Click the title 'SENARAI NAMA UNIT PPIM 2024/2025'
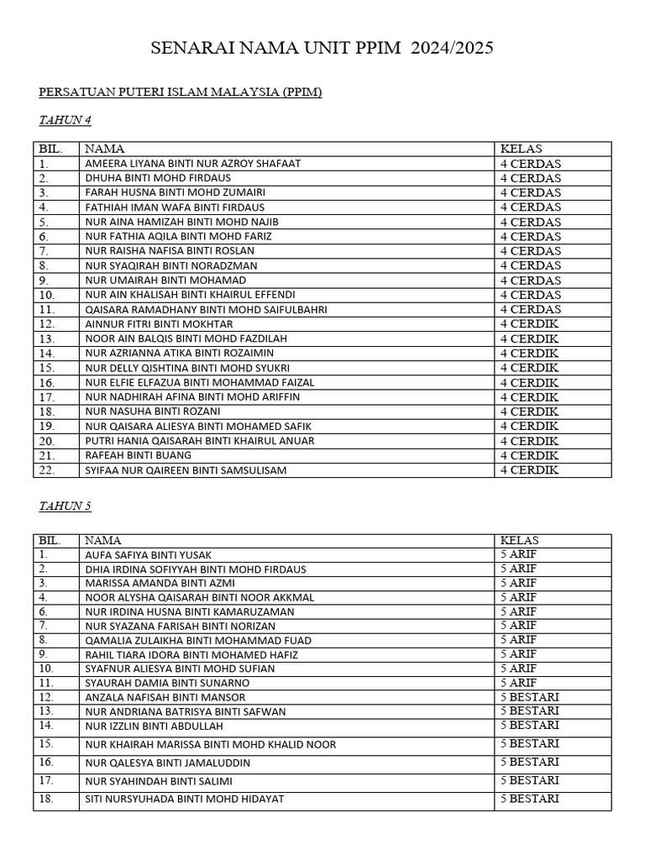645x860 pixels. [322, 49]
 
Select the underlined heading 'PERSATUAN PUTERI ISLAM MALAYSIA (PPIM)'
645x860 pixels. [181, 92]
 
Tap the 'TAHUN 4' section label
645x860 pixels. [65, 120]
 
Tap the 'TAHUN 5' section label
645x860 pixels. [65, 506]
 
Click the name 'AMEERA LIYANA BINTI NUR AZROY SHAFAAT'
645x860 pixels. [192, 164]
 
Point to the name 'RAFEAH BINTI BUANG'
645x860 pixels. [138, 455]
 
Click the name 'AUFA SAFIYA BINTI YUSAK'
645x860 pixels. [148, 555]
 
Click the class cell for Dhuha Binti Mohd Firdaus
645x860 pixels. [531, 178]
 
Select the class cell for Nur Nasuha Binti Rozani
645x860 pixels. [529, 412]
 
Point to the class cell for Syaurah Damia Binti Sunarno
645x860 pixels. [518, 683]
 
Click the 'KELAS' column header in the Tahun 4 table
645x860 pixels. [522, 149]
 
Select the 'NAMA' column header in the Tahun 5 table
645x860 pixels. [102, 541]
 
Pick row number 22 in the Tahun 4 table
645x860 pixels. [46, 470]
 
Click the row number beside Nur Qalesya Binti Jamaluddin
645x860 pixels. [45, 763]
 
